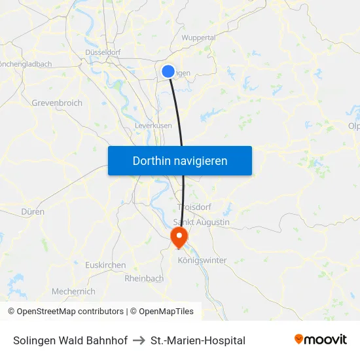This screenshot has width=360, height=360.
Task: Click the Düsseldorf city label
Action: point(103,52)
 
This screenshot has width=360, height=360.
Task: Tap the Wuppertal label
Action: point(198,38)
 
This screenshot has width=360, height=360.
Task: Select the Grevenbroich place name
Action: point(57,103)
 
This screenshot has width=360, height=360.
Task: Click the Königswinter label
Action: point(202,260)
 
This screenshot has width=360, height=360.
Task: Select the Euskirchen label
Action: point(105,265)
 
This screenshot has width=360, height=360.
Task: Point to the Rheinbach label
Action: point(144,278)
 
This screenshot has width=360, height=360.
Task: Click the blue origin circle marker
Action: point(168,71)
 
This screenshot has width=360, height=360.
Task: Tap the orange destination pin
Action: point(179,236)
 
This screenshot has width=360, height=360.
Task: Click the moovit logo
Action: point(321,340)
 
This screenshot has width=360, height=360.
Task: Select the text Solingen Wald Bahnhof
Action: point(70,340)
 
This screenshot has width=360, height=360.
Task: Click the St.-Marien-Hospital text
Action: point(198,340)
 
